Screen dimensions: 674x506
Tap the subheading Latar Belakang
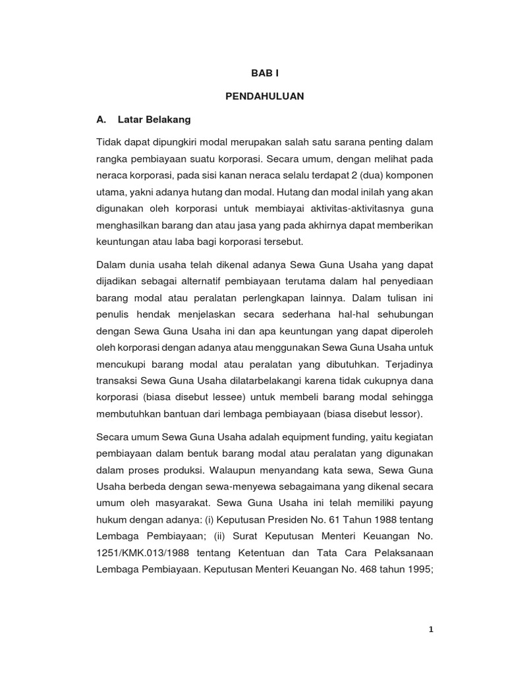[x=154, y=120]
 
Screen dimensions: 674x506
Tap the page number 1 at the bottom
[x=431, y=629]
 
